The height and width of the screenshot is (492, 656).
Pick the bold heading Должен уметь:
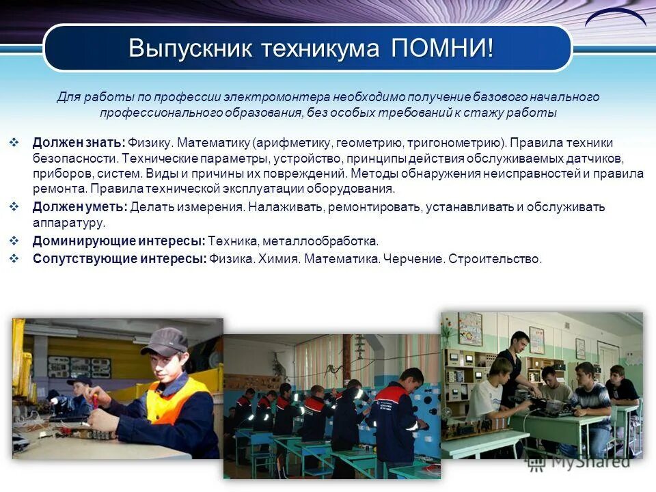tap(80, 207)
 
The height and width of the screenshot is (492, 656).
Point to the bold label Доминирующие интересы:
tap(119, 241)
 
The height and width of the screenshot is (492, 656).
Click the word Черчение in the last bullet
tap(413, 259)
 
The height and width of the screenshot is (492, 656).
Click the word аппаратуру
tap(68, 223)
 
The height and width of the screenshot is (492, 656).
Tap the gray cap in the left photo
tap(164, 340)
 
